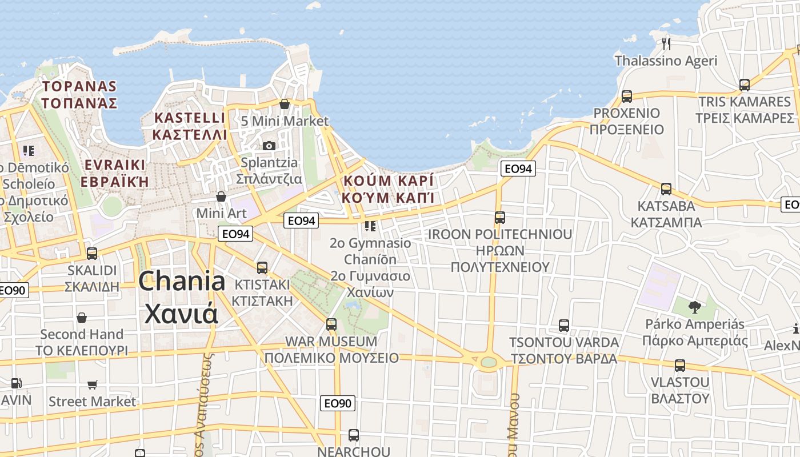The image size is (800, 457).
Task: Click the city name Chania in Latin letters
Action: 182,282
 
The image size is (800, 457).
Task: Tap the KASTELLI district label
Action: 190,118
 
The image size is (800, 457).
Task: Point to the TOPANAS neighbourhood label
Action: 79,87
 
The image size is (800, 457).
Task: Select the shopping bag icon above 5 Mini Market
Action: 285,104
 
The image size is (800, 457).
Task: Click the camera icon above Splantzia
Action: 269,146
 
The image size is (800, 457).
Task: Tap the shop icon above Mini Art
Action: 221,197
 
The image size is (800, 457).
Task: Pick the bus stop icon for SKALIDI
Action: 91,253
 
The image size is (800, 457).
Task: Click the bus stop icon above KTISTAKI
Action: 262,267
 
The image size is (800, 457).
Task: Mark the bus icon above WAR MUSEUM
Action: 331,324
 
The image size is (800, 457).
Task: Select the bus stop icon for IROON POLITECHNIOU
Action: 500,218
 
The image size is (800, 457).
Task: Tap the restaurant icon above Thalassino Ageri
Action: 666,43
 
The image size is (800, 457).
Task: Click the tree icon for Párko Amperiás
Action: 694,307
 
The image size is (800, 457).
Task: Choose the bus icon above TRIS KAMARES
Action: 745,85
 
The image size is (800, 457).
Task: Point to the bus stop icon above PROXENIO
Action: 627,96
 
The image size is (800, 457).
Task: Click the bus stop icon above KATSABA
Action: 666,189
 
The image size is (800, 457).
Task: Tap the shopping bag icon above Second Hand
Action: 82,318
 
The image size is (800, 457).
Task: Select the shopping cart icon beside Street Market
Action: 93,385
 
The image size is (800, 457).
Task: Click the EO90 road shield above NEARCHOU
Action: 337,403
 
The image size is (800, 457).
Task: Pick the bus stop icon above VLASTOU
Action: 680,365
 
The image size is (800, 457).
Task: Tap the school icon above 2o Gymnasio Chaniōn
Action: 370,226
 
